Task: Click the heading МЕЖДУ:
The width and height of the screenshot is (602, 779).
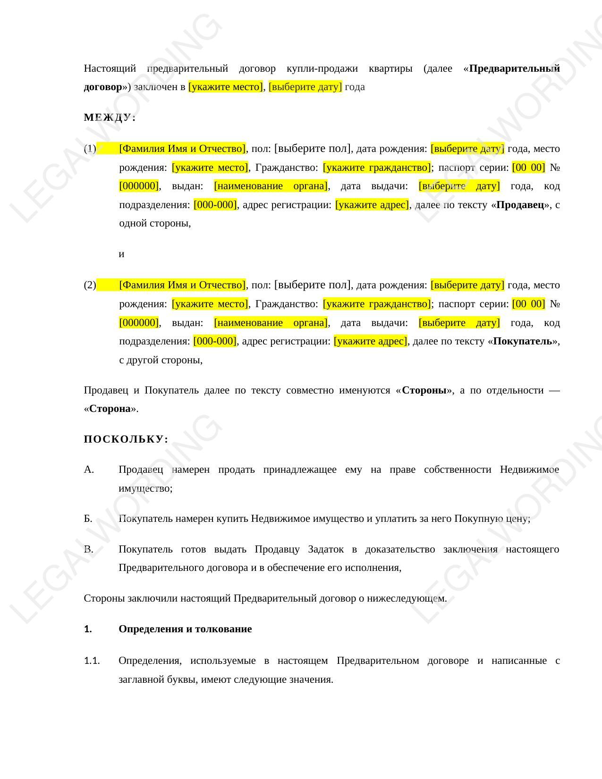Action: [110, 117]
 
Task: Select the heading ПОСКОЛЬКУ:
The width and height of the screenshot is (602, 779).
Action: [126, 439]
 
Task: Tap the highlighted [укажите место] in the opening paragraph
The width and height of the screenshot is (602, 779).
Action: [225, 87]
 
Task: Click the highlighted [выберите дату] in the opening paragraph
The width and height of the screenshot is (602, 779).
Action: [305, 87]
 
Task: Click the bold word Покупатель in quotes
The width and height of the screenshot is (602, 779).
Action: [522, 341]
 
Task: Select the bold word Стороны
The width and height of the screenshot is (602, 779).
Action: [424, 390]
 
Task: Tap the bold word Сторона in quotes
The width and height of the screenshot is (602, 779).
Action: [110, 409]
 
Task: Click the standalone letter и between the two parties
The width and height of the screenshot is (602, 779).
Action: [121, 254]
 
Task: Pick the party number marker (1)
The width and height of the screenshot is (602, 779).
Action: [90, 149]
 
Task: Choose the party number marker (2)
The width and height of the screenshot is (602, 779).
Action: [90, 285]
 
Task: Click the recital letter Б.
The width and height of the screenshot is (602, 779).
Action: [88, 519]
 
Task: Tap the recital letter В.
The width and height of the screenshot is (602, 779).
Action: [89, 549]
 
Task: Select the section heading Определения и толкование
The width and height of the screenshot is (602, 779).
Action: [185, 629]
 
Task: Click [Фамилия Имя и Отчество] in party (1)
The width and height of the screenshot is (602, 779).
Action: [182, 149]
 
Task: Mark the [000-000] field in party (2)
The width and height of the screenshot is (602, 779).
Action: [214, 341]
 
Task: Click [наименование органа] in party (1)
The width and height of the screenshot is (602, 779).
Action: [271, 186]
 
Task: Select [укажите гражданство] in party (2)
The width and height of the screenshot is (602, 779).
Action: [377, 304]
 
